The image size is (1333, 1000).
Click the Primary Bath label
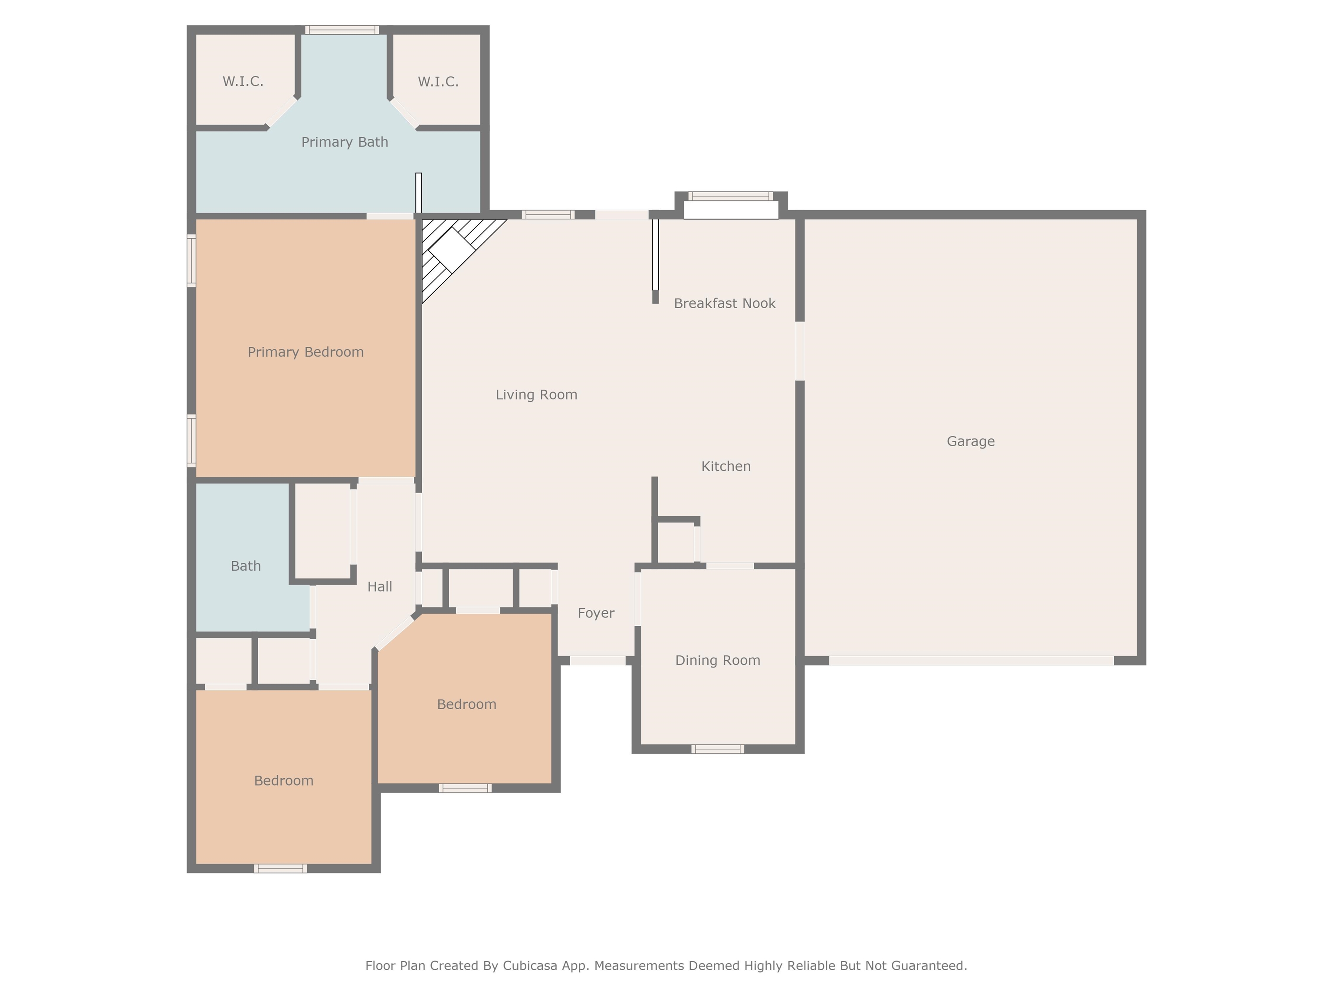tap(344, 142)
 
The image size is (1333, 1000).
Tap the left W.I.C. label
tap(243, 81)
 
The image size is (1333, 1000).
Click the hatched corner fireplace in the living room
tap(452, 250)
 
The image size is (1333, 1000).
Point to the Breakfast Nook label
tap(724, 304)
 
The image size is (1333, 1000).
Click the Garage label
tap(970, 441)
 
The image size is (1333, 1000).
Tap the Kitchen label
tap(726, 467)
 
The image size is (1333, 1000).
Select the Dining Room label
tap(717, 661)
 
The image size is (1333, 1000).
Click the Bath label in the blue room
tap(246, 566)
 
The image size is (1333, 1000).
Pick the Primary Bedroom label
tap(305, 352)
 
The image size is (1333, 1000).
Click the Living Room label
tap(536, 395)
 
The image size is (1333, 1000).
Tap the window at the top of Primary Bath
tap(341, 30)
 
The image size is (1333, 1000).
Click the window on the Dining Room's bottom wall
tap(717, 749)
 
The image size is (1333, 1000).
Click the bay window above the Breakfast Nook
tap(730, 197)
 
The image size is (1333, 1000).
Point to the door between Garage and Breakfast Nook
tap(800, 351)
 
